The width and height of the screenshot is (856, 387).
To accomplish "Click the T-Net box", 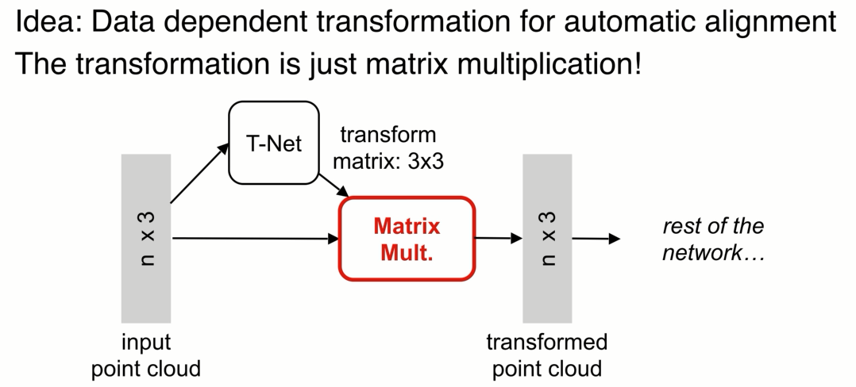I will [x=273, y=144].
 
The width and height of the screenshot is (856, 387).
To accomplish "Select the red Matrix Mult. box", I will [x=407, y=238].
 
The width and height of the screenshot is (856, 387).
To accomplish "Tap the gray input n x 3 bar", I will [x=146, y=238].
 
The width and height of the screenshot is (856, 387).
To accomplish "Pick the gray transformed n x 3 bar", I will [x=547, y=238].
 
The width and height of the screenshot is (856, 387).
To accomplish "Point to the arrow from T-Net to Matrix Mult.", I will [x=334, y=185].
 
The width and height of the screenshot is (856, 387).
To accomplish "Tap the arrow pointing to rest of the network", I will [x=596, y=238].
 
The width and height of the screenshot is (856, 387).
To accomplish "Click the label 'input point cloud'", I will [x=146, y=355].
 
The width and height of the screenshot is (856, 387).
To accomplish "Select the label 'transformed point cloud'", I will [x=546, y=355].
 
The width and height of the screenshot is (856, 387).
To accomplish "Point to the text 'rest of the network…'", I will [x=712, y=239].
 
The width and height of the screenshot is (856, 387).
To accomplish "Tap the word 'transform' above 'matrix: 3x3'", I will [x=388, y=135].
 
